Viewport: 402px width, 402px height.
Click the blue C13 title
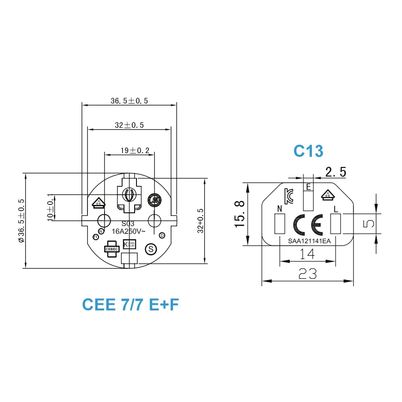308,151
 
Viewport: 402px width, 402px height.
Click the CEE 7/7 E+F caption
130,304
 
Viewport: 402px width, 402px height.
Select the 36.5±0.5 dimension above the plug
129,101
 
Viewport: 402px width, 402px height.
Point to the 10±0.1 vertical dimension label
50,208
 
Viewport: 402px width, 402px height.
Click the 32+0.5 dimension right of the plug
200,221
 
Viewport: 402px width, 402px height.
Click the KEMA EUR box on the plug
130,244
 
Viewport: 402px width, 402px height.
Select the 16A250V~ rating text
129,231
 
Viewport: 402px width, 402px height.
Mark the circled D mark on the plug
162,235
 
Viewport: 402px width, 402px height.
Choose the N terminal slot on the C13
279,224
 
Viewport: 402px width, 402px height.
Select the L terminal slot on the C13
336,224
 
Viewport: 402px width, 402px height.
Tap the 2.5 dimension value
335,172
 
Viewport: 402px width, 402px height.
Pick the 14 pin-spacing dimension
307,254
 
